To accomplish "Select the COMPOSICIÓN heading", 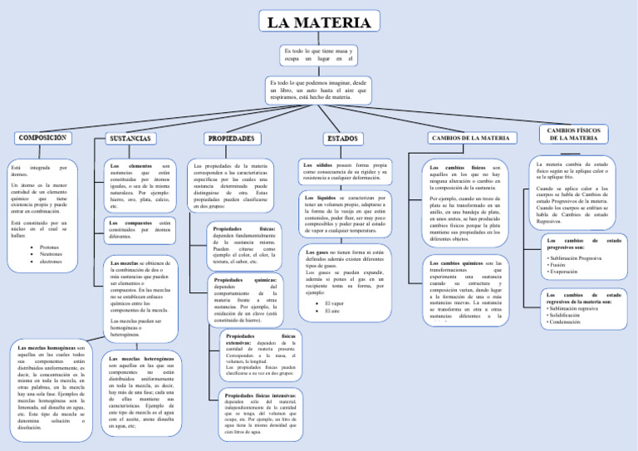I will tap(42, 137).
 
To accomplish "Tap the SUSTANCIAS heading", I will tap(130, 138).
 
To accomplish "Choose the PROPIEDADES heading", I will tap(230, 138).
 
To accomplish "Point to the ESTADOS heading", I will tap(341, 138).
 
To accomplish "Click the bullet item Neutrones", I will tap(52, 254).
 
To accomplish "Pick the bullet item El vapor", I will tap(334, 303).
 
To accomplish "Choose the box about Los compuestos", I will tap(140, 230).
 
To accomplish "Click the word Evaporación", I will tap(569, 272).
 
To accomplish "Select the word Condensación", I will tap(571, 321).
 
